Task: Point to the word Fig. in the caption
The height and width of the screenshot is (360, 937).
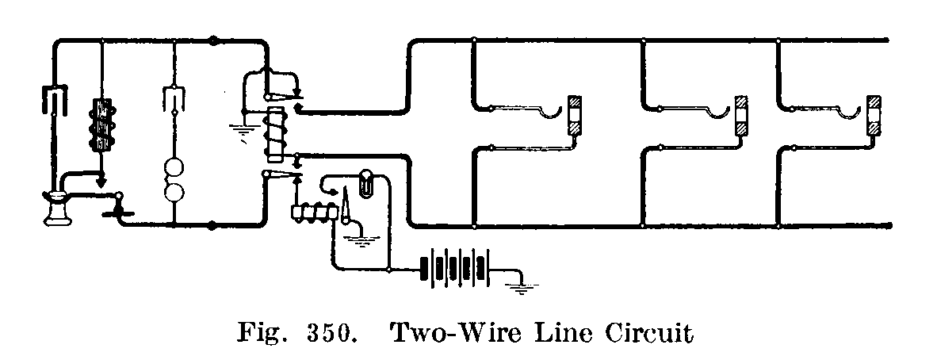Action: click(262, 335)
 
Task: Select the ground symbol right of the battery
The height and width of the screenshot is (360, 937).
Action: click(520, 286)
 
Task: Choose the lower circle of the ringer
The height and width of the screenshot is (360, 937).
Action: click(174, 195)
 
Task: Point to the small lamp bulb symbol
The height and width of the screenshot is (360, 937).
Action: click(367, 182)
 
